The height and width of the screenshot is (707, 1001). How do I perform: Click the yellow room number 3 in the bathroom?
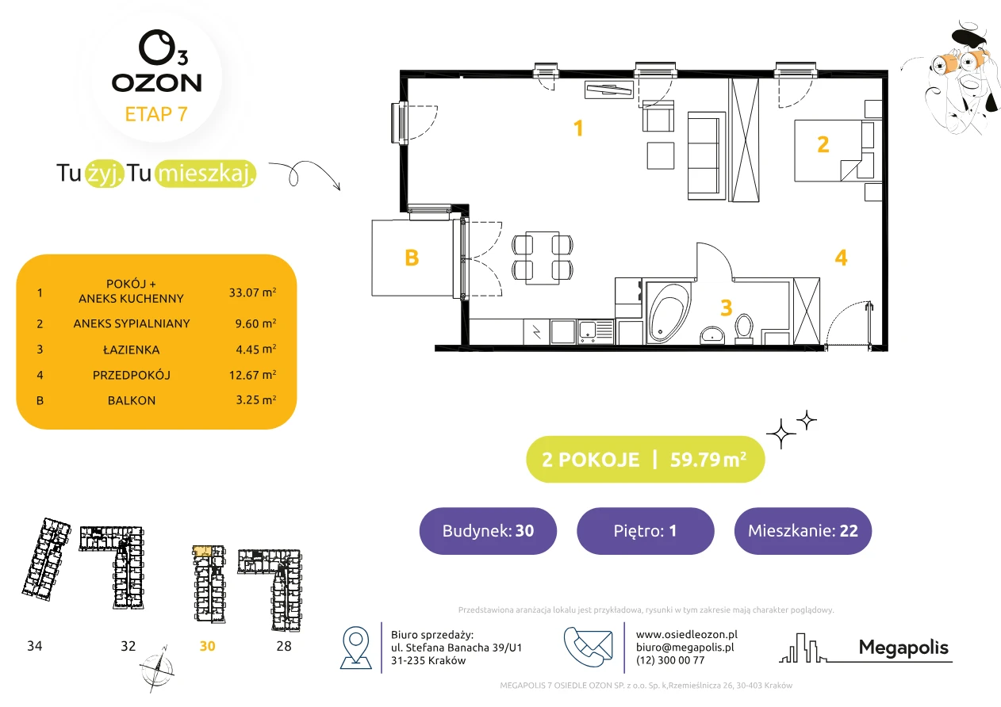tap(727, 308)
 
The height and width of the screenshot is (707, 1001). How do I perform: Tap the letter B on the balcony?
tap(412, 258)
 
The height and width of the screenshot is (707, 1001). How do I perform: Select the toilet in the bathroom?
tap(744, 329)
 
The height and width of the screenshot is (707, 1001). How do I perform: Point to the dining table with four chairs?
tap(543, 258)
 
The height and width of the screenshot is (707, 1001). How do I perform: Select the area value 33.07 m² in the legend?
tap(252, 292)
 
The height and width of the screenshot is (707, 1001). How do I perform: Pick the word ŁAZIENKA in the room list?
tap(132, 350)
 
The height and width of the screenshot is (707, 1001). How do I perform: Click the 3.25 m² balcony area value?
tap(256, 399)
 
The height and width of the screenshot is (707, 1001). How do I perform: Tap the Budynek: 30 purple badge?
tap(488, 530)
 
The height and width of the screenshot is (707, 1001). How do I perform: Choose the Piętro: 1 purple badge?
tap(646, 530)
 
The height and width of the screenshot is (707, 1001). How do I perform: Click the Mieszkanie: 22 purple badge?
tap(803, 530)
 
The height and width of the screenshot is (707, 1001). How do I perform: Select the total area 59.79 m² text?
tap(708, 460)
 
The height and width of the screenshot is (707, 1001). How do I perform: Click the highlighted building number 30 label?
tap(207, 646)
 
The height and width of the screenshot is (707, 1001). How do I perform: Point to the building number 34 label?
tap(35, 646)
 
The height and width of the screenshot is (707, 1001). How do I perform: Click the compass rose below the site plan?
tap(156, 669)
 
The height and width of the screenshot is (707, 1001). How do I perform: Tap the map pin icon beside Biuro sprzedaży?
tap(355, 648)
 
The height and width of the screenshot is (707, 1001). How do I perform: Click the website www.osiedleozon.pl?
tap(687, 634)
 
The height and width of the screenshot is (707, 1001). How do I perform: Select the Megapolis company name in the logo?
tap(903, 648)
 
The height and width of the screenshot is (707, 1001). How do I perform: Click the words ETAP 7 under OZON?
tap(156, 114)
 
